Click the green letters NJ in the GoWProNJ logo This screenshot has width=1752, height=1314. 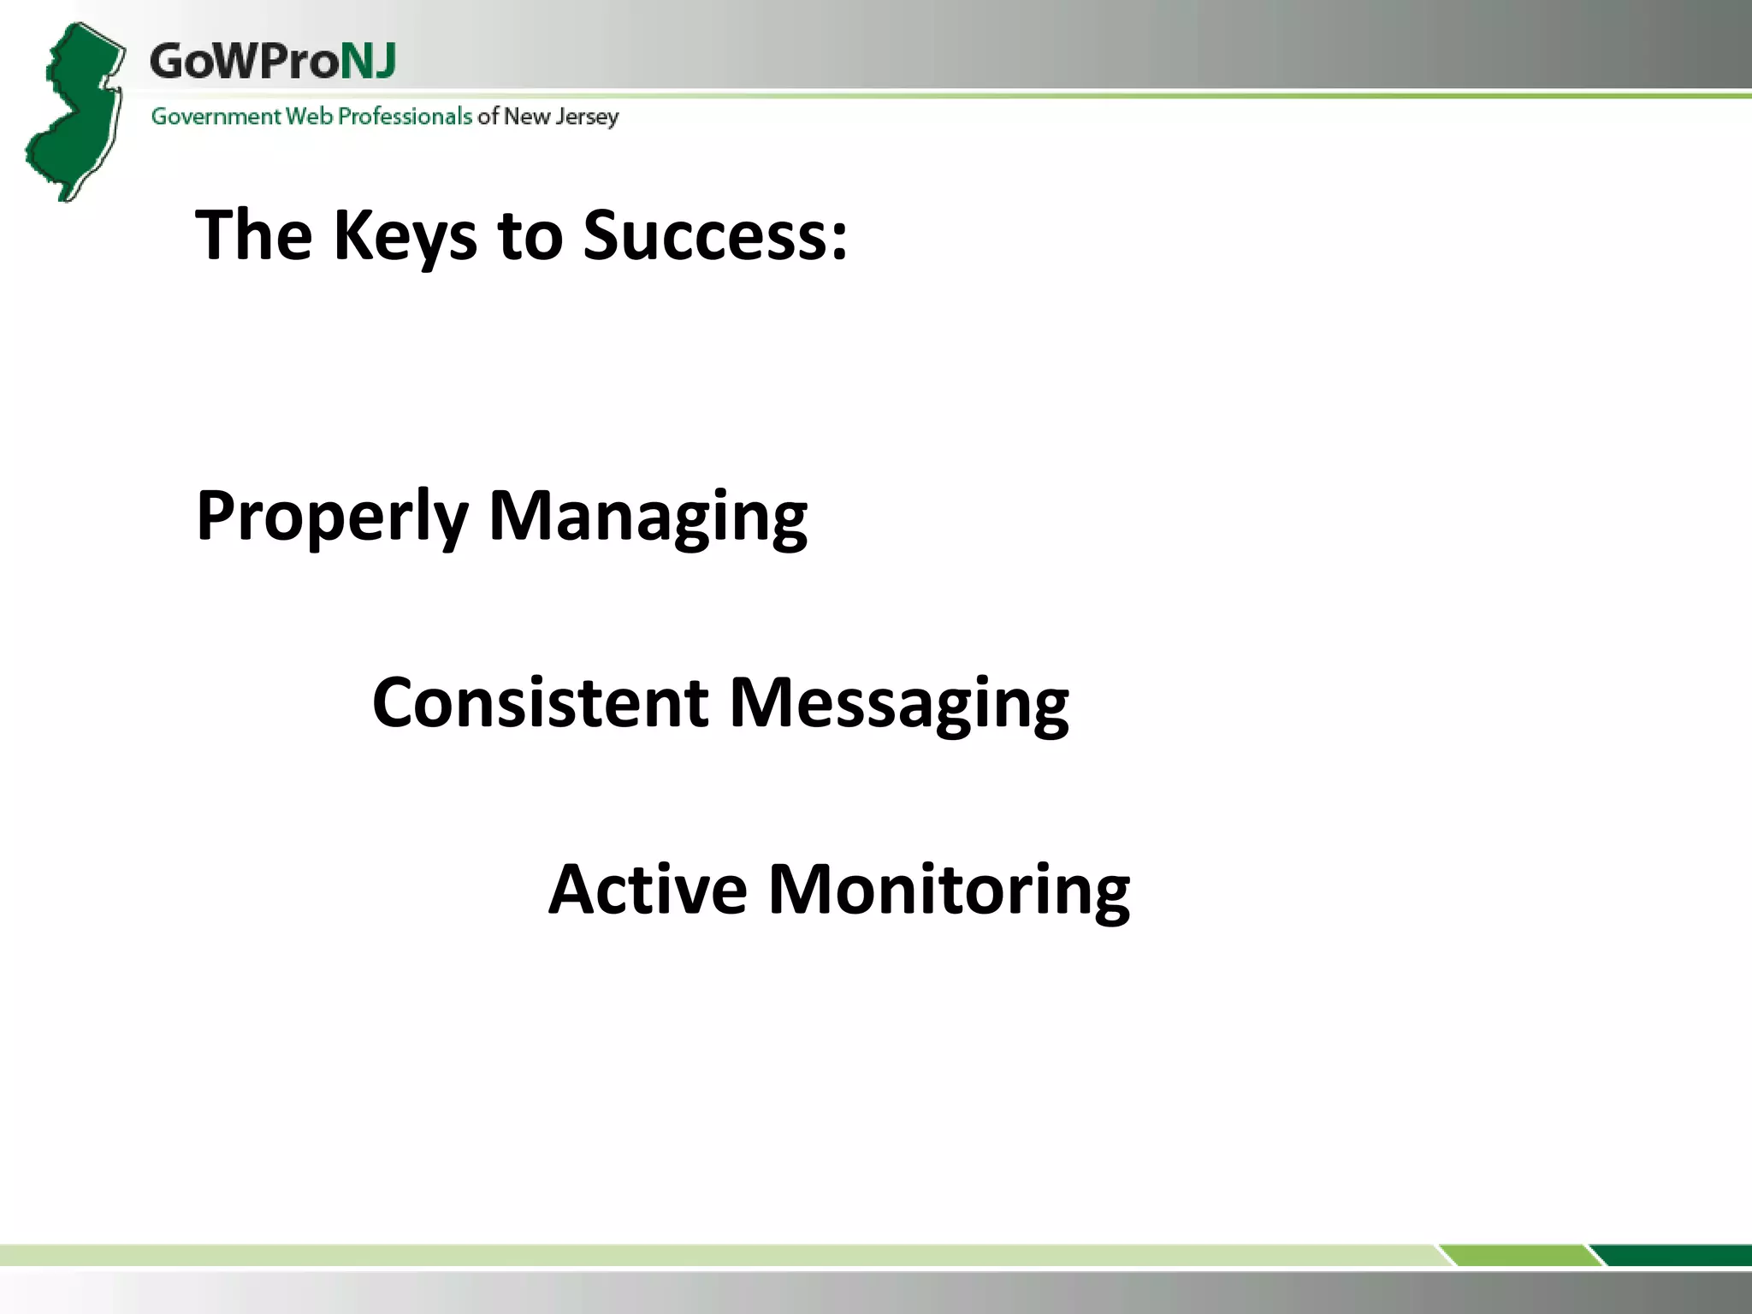pos(369,62)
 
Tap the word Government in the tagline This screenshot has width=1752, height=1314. pos(216,116)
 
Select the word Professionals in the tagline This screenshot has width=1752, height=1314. pos(405,116)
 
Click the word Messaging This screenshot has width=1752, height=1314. pos(899,702)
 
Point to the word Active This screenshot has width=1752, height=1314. pos(648,890)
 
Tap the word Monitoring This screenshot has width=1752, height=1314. pos(949,890)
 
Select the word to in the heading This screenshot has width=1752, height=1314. pos(530,236)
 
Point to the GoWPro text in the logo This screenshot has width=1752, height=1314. pos(245,62)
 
